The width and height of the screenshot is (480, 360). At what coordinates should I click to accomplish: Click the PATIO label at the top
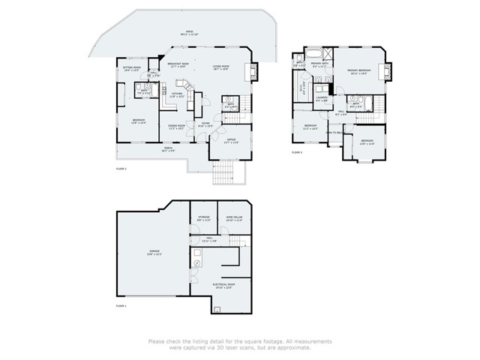point(184,34)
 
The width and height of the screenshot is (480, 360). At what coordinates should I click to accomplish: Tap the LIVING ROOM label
point(220,67)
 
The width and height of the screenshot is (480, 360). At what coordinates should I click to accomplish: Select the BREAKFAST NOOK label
point(178,66)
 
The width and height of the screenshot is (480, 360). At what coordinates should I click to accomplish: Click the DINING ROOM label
point(176,127)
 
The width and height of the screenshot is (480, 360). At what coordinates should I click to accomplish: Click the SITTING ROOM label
point(132,68)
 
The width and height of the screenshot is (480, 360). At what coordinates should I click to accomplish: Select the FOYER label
point(204,126)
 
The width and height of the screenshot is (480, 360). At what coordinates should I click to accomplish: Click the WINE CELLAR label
point(234,219)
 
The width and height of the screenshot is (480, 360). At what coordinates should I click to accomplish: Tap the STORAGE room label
point(204,219)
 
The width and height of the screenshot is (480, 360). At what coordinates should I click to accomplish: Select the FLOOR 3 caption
point(296,152)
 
